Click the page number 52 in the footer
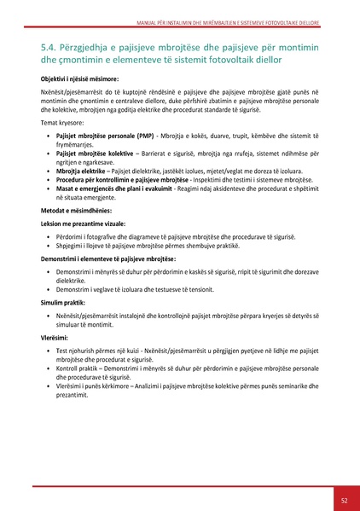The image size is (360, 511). pyautogui.click(x=343, y=500)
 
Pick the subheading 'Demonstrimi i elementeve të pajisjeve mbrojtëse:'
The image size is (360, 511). pyautogui.click(x=107, y=281)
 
